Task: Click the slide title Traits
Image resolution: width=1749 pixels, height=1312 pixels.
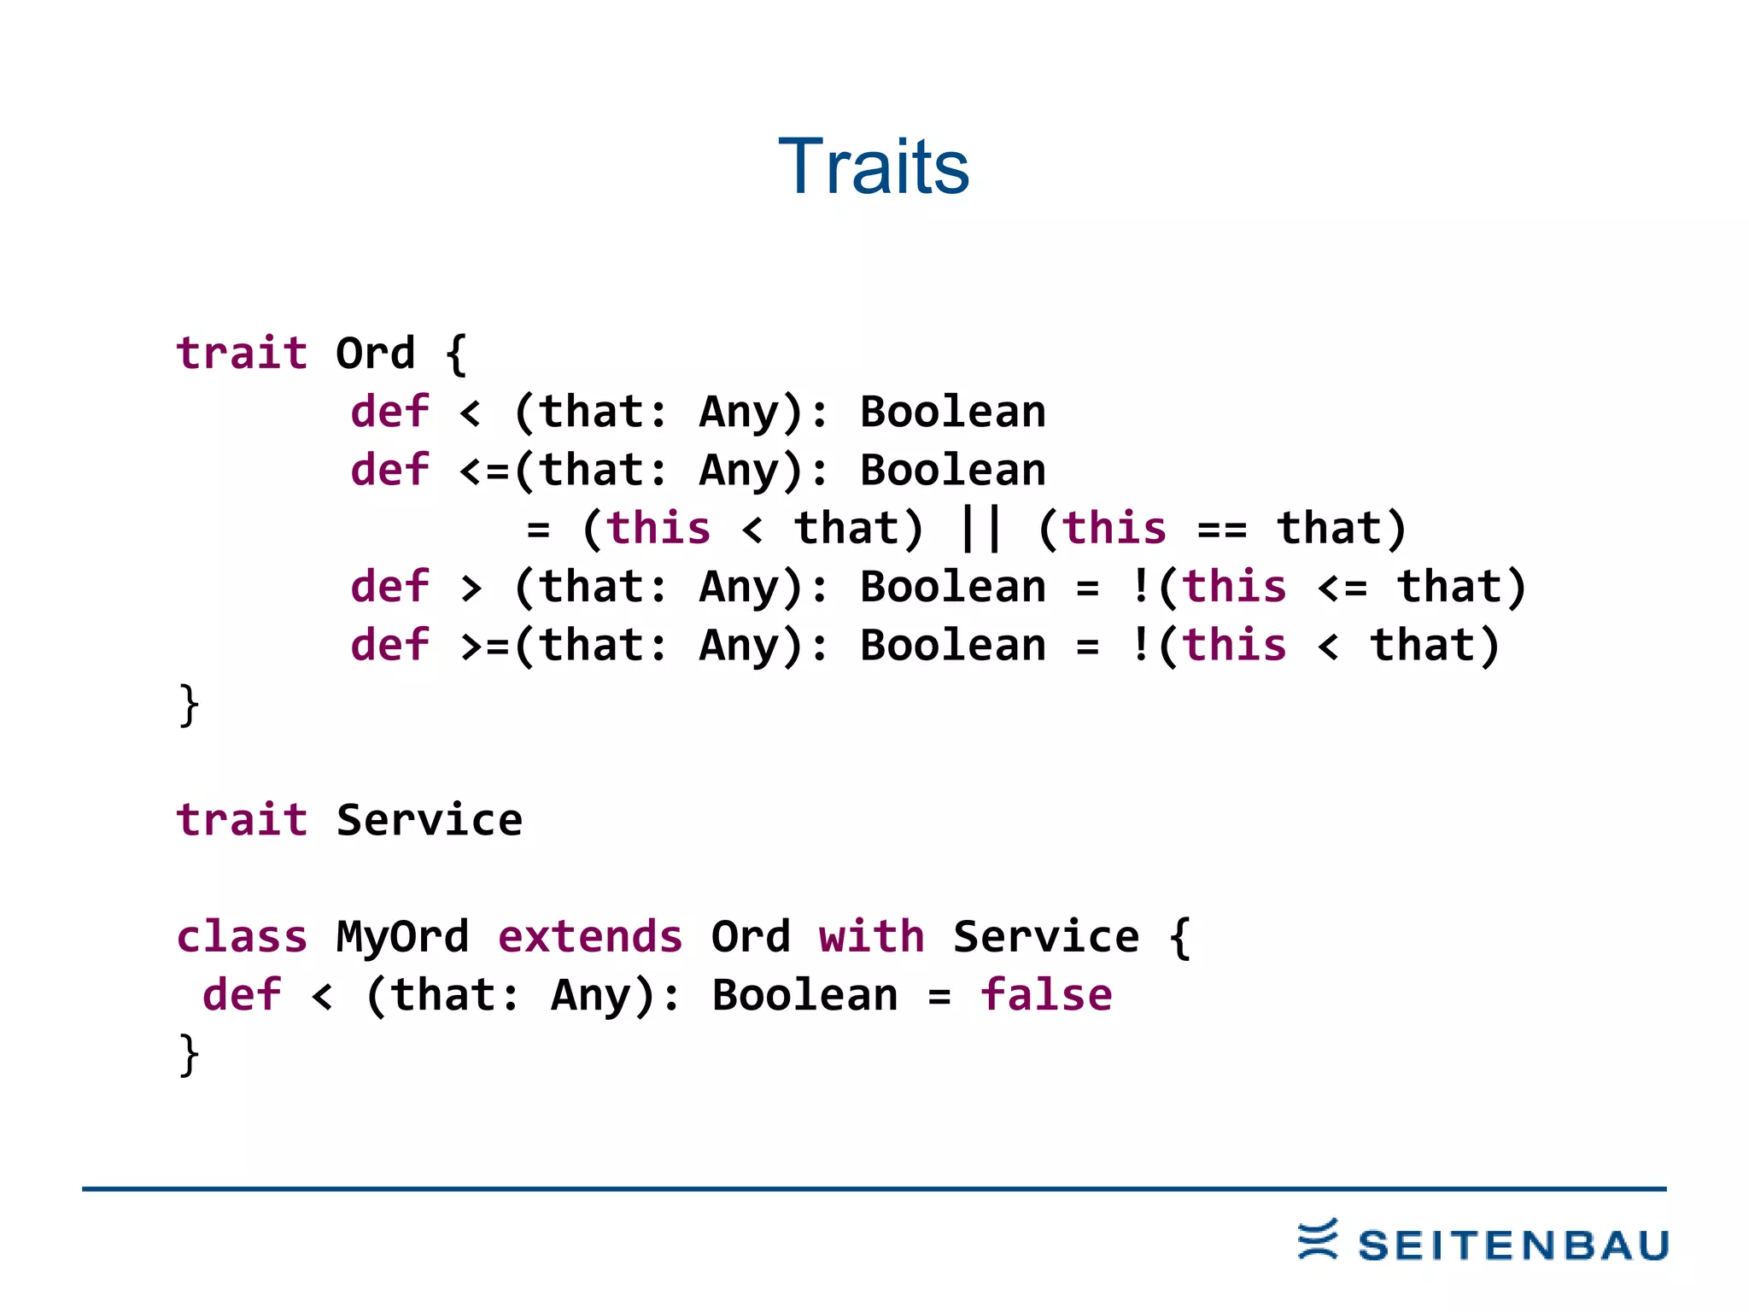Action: click(x=874, y=167)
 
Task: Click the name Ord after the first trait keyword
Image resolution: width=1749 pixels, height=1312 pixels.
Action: click(x=375, y=354)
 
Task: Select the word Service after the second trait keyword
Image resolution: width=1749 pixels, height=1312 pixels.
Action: click(x=429, y=821)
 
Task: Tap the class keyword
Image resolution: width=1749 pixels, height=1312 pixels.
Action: click(x=241, y=937)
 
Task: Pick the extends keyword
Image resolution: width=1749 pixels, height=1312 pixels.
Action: click(x=590, y=937)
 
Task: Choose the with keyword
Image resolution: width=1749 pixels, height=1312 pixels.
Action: click(x=871, y=937)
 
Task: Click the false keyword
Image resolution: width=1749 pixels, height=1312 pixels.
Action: click(x=1046, y=996)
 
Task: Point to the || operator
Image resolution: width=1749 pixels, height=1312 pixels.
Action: click(x=980, y=529)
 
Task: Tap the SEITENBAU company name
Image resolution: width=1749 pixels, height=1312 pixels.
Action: click(x=1513, y=1246)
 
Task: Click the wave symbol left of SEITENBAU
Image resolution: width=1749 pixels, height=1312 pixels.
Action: click(x=1318, y=1239)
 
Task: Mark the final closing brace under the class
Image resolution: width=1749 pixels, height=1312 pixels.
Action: click(x=189, y=1056)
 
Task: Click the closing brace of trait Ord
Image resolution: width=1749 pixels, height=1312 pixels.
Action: click(x=189, y=706)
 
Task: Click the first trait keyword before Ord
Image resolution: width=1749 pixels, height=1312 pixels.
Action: click(x=241, y=354)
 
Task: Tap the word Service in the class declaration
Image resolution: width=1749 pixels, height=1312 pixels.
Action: click(x=1045, y=937)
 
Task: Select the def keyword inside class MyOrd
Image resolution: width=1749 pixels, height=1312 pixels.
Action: click(x=241, y=996)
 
